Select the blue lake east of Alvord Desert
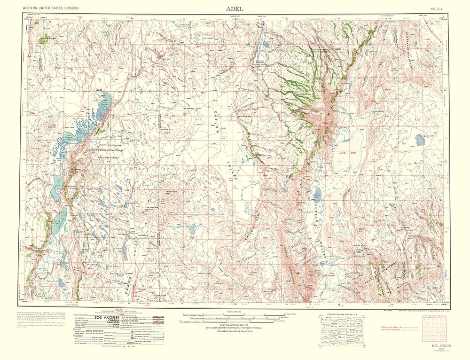tap(419, 139)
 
